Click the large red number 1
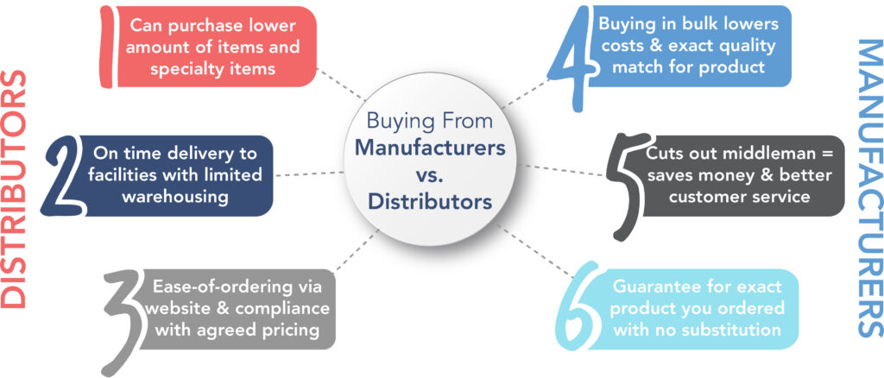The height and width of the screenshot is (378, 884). click(x=107, y=47)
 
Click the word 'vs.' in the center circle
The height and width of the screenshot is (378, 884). click(x=429, y=175)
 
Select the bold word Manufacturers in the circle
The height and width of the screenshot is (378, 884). click(x=429, y=147)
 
